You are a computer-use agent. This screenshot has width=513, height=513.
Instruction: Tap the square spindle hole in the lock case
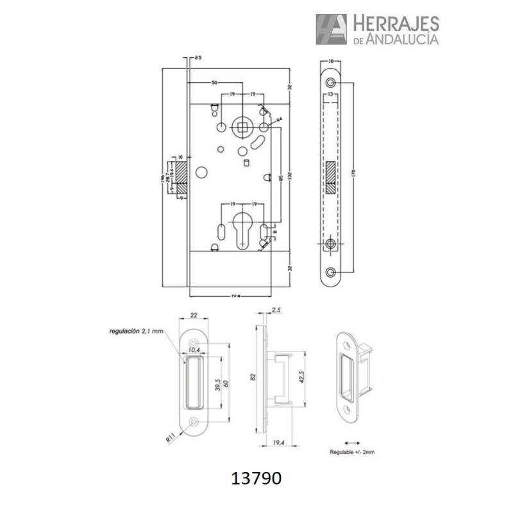pos(242,127)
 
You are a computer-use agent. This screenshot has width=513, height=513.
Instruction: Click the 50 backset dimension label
pos(214,83)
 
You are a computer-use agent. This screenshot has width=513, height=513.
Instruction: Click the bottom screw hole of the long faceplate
pos(331,271)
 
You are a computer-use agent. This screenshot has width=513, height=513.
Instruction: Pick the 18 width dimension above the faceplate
pos(331,62)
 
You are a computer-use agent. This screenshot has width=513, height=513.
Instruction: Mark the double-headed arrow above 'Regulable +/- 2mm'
pos(352,442)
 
